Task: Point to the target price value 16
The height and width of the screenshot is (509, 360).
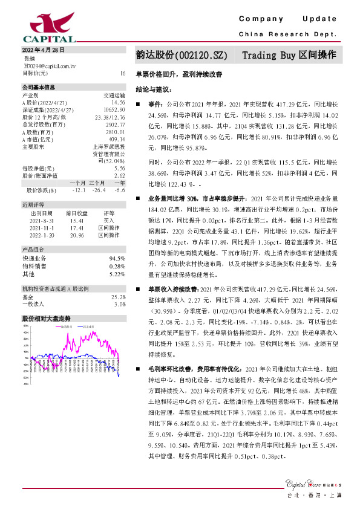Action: [123, 73]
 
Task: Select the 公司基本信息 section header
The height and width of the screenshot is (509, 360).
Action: [39, 88]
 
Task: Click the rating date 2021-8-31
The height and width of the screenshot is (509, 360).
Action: [42, 221]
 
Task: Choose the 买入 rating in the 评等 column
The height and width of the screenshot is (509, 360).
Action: [109, 221]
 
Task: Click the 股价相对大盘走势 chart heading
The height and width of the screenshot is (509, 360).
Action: [47, 318]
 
